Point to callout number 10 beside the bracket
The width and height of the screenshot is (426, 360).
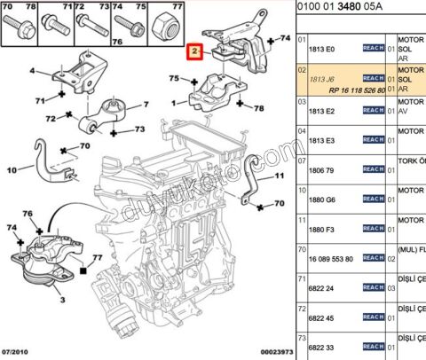coord(12,170)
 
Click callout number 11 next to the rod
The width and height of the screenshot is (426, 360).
coord(278,176)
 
